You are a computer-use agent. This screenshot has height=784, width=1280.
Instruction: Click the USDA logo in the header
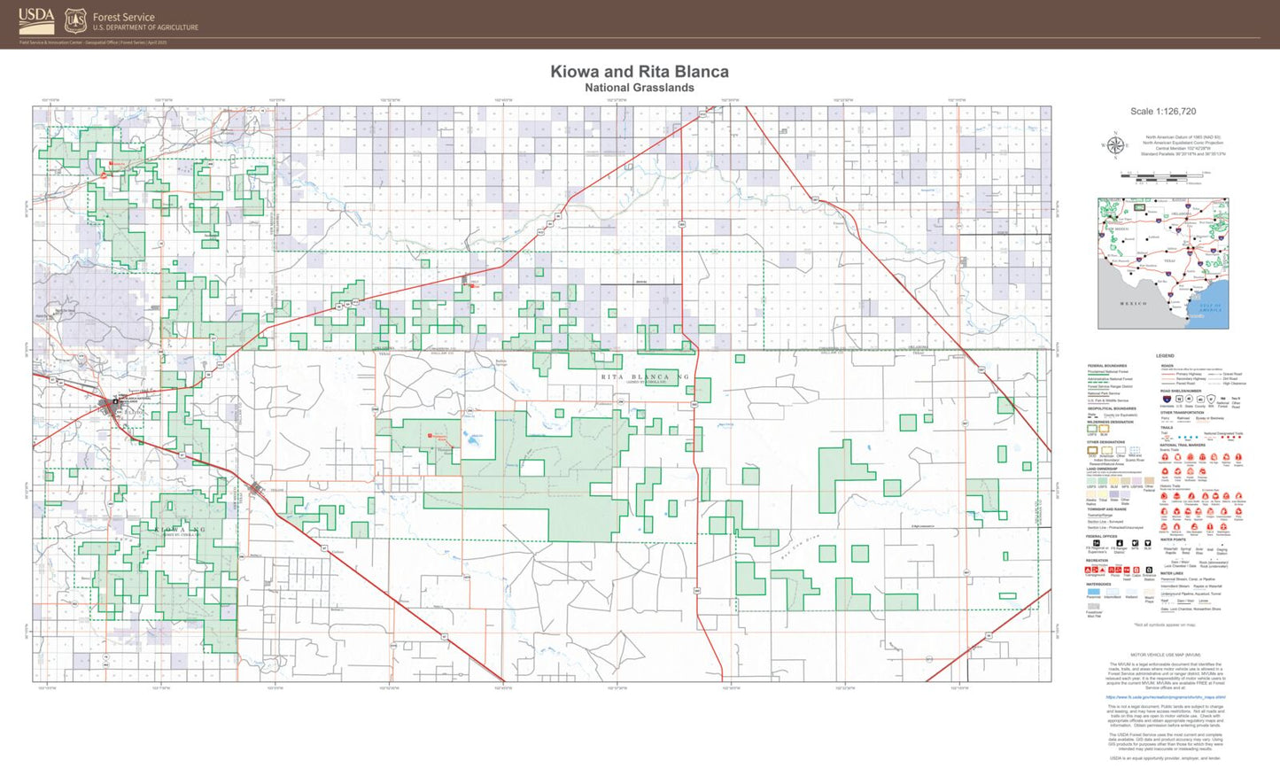36,19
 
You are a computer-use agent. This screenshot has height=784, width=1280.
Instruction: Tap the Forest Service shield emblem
76,20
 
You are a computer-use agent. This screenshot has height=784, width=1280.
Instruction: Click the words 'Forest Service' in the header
124,17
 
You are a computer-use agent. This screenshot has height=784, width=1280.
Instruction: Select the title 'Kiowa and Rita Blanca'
640,72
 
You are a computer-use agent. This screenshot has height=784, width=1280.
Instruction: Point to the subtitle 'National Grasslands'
640,88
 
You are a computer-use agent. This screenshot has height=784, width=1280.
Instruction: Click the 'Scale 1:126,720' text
1163,112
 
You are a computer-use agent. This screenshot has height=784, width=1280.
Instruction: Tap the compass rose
1115,145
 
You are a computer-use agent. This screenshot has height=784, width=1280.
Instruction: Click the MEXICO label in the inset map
1133,304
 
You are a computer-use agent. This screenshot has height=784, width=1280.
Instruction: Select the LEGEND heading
1165,356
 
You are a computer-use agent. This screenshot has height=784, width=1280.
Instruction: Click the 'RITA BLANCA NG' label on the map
645,377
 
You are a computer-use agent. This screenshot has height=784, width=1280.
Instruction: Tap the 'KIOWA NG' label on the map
181,530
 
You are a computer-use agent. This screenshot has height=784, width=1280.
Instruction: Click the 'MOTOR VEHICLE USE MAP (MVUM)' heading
1165,656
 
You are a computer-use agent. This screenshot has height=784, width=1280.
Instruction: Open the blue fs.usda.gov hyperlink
1165,697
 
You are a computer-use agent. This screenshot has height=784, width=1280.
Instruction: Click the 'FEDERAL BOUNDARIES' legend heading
1107,366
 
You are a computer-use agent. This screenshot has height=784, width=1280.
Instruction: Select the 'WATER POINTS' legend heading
1173,539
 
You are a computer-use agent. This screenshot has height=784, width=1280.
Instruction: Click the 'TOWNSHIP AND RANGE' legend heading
1107,509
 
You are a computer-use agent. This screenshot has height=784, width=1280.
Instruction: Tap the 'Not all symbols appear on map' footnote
1164,625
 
